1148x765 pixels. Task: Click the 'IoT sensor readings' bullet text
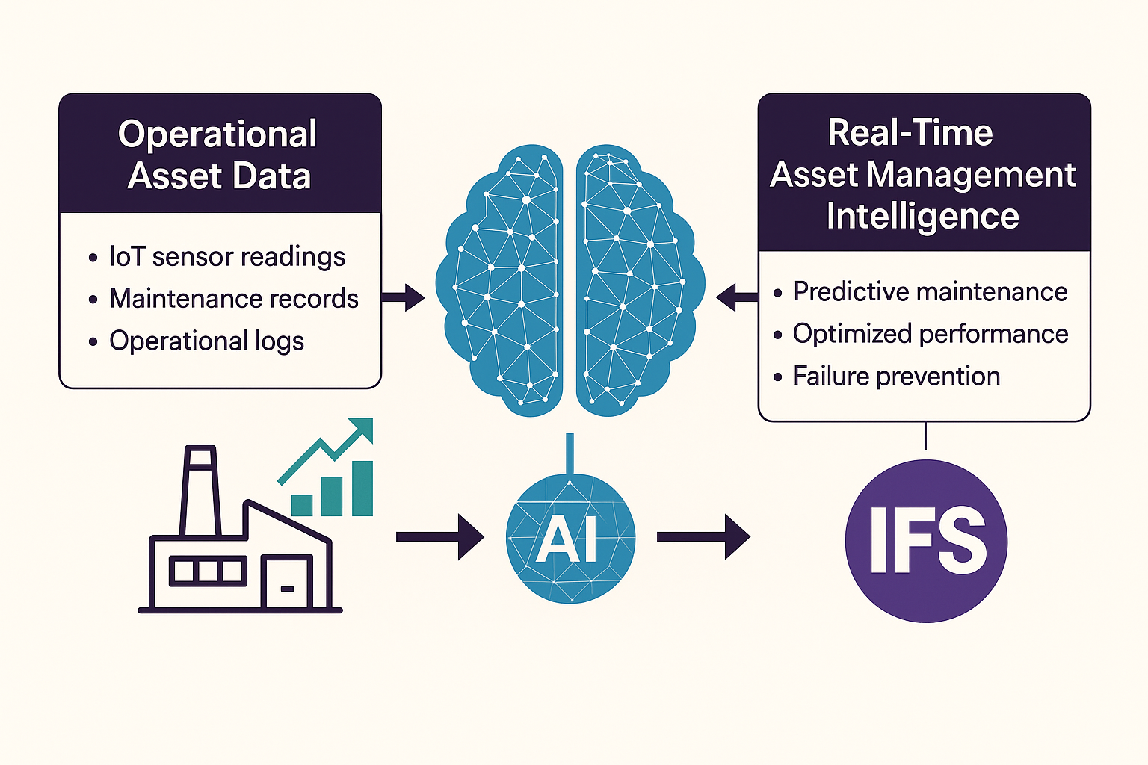click(x=226, y=257)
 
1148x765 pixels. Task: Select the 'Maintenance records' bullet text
click(x=233, y=299)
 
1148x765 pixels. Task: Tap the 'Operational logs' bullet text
click(x=206, y=341)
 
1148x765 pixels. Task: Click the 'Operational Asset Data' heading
click(x=219, y=155)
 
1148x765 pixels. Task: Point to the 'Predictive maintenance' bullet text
click(x=930, y=292)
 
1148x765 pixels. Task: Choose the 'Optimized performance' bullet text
click(x=930, y=334)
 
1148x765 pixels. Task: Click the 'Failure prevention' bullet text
click(x=896, y=377)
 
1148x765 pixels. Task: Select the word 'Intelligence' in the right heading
click(x=922, y=217)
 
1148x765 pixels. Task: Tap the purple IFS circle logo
click(x=926, y=541)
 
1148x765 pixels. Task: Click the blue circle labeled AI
click(x=570, y=539)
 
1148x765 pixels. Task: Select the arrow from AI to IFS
click(x=703, y=536)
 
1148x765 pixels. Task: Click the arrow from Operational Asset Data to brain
click(x=404, y=297)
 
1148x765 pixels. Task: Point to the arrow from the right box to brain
click(x=736, y=297)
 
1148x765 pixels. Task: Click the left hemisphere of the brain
click(x=502, y=280)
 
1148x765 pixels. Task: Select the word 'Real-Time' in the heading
click(x=910, y=134)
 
